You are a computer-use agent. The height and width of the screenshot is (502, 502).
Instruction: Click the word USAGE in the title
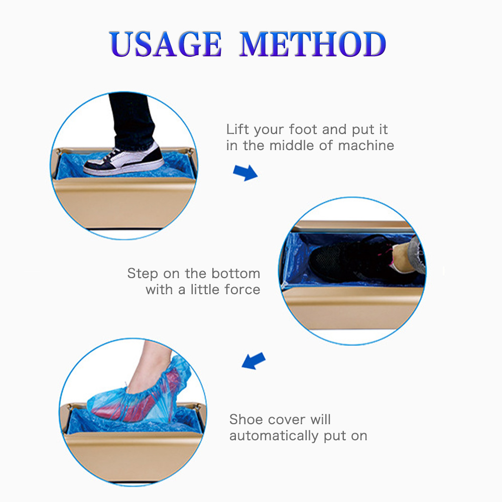tap(165, 44)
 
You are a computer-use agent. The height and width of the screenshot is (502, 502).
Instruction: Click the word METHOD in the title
tap(313, 44)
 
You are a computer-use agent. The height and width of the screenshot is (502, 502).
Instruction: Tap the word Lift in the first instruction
tap(237, 130)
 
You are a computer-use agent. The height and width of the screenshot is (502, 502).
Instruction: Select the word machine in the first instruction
tap(366, 146)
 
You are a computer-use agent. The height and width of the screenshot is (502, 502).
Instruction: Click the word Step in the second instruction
tap(143, 274)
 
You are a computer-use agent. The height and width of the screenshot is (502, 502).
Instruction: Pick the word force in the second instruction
tap(242, 290)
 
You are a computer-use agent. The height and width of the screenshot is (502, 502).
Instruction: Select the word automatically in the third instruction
tap(274, 436)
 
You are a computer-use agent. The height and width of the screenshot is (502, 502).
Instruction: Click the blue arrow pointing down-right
tap(245, 173)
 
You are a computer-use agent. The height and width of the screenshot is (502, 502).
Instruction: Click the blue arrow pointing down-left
tap(254, 361)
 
